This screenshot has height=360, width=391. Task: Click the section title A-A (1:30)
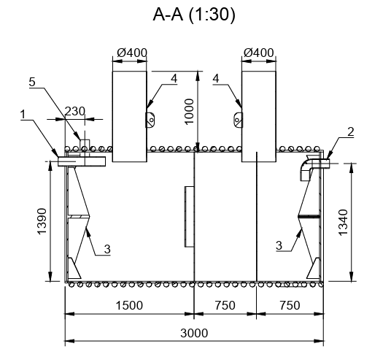pyautogui.click(x=194, y=15)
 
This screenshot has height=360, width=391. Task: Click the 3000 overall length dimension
pyautogui.click(x=194, y=333)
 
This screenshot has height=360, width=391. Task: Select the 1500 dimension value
pyautogui.click(x=129, y=305)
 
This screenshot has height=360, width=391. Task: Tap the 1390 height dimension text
pyautogui.click(x=42, y=221)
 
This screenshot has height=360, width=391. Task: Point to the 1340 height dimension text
pyautogui.click(x=343, y=222)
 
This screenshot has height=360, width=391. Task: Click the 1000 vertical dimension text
pyautogui.click(x=190, y=111)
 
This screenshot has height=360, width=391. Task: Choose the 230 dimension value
pyautogui.click(x=75, y=111)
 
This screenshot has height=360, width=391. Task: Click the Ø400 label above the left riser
pyautogui.click(x=132, y=53)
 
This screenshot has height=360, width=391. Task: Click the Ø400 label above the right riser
pyautogui.click(x=258, y=53)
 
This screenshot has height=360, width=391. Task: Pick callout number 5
pyautogui.click(x=32, y=82)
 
